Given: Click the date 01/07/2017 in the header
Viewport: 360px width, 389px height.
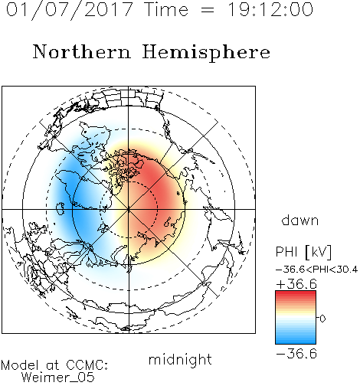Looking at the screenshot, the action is click(69, 10).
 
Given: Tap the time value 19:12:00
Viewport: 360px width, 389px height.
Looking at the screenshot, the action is click(270, 9).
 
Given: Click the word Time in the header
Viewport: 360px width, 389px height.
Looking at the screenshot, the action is click(166, 9).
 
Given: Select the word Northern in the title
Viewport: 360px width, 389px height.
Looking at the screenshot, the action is click(82, 51).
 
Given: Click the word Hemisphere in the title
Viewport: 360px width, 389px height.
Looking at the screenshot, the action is click(206, 52).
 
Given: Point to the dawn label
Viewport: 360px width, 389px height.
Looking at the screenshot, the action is click(300, 220).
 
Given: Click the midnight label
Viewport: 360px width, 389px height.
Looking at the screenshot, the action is click(180, 359).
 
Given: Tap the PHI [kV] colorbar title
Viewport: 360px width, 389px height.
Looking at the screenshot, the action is click(303, 252).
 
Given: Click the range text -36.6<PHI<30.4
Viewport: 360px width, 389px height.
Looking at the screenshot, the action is click(316, 270).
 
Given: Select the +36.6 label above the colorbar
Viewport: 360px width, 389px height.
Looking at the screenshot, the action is click(296, 284).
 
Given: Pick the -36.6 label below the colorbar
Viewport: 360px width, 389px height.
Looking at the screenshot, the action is click(296, 354).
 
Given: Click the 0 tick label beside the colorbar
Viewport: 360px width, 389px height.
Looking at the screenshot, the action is click(322, 319).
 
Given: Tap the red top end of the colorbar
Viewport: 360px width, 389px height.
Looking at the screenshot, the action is click(296, 293).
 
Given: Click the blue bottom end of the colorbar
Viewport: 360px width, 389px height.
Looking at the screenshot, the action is click(296, 342).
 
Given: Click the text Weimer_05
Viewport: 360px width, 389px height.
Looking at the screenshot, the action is click(57, 378).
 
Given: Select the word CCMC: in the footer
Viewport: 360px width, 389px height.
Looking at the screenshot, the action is click(87, 365).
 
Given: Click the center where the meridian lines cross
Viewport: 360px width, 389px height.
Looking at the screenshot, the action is click(129, 209).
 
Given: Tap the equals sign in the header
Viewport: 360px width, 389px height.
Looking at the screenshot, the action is click(208, 10).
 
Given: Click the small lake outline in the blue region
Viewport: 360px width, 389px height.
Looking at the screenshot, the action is click(60, 208).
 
